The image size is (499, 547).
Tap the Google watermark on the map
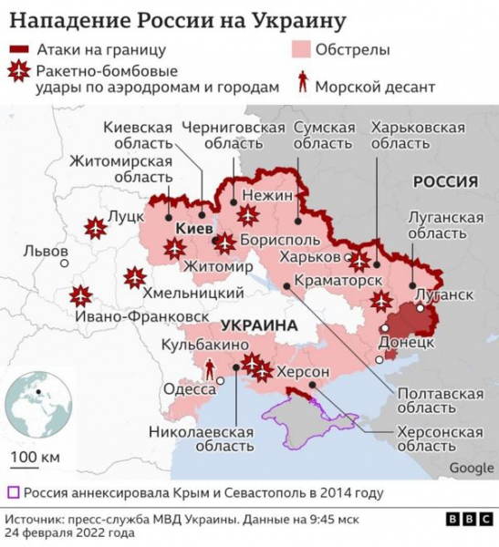coord(470,469)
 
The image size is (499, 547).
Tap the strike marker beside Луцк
coord(93,227)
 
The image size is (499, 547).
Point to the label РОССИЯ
coord(445,181)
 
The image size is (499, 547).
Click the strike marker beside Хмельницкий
coord(135,276)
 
